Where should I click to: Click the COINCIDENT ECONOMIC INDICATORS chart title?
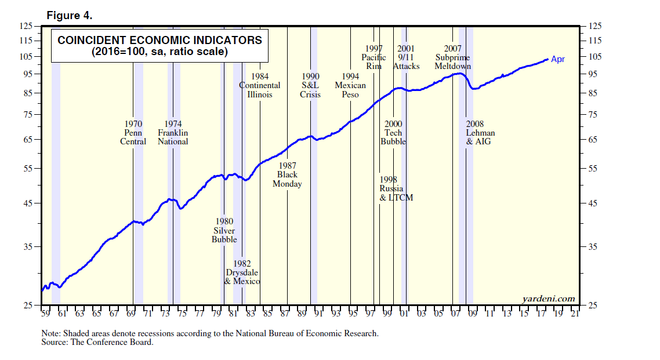coord(159,41)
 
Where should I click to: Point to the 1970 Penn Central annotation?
coord(133,133)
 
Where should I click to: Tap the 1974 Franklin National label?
coord(173,133)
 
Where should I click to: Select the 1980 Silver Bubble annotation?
coord(224,230)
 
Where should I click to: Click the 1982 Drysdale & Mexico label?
coord(242,272)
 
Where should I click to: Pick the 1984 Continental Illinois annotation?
coord(260,85)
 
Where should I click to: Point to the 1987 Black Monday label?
coord(287,175)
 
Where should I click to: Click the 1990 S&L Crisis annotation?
coord(310,85)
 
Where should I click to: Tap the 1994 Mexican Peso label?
coord(350,85)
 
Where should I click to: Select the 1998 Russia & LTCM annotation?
coord(396,189)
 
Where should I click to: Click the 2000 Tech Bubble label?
coord(393,133)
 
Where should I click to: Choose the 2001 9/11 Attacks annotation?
coord(406,57)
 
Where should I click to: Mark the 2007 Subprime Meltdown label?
coord(452,57)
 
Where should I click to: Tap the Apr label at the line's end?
coord(557,59)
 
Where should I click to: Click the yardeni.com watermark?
coord(549,299)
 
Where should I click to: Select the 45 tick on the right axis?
coord(593,203)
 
